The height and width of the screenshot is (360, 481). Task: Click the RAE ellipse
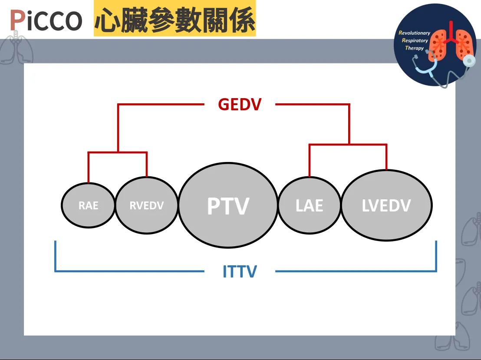click(88, 205)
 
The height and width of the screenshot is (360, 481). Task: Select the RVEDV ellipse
click(147, 205)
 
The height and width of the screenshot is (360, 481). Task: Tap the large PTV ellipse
click(228, 205)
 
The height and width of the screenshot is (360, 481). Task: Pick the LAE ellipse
click(309, 205)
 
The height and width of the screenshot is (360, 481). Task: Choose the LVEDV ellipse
click(386, 205)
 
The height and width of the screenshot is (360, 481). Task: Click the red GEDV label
click(240, 105)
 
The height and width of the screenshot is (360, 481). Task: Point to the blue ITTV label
click(240, 272)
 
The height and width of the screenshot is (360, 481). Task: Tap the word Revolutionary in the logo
click(415, 33)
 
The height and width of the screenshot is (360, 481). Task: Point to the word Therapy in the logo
click(414, 48)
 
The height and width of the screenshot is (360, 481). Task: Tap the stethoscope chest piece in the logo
click(468, 61)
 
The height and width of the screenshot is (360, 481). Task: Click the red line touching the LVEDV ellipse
click(386, 157)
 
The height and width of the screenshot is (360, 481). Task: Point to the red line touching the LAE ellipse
click(310, 161)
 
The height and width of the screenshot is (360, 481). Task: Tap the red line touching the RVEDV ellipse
click(147, 165)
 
